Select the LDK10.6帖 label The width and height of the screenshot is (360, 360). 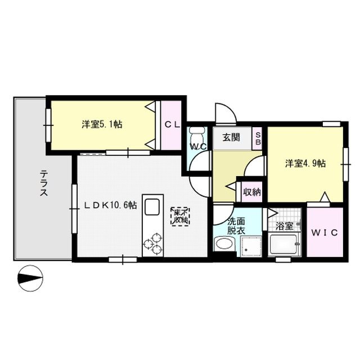[x=110, y=206]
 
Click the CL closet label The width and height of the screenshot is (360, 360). [x=172, y=125]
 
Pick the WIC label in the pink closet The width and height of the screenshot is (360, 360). [x=325, y=232]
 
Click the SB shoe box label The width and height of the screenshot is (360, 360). [x=258, y=138]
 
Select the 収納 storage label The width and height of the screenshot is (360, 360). [x=251, y=192]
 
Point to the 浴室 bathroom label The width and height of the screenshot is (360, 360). [x=285, y=227]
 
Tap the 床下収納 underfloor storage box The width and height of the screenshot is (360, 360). [x=181, y=217]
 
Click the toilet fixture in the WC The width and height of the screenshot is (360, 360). [x=196, y=136]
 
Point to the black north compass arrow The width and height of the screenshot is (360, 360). [x=30, y=277]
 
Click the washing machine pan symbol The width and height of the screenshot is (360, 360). [x=249, y=245]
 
